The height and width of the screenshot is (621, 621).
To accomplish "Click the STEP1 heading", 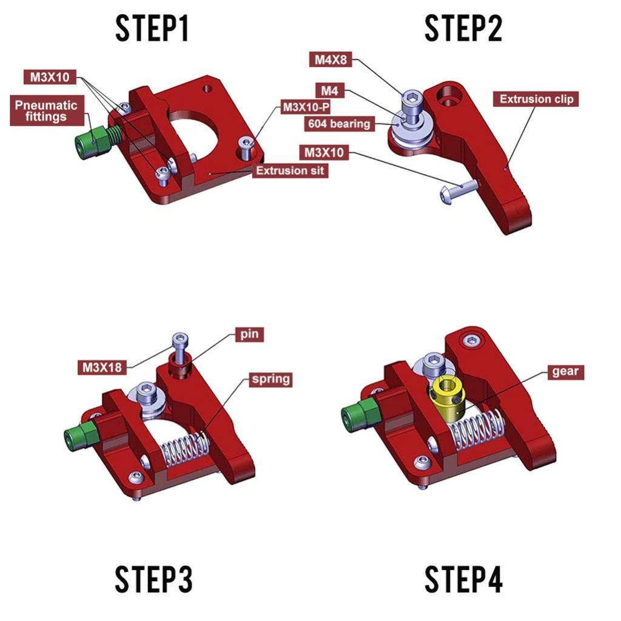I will click(152, 29).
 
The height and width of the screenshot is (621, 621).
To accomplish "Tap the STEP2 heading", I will click(463, 29).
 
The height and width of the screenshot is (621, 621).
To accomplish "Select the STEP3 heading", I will click(153, 579).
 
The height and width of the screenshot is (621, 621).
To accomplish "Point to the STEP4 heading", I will click(463, 579).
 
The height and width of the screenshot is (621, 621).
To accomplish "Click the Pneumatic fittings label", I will click(46, 111).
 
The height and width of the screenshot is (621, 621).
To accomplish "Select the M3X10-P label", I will click(306, 107).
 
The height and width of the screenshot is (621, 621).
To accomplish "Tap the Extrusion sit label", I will click(290, 171).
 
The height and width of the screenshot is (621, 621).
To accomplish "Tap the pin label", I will click(249, 335).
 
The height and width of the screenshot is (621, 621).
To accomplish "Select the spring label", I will click(270, 380).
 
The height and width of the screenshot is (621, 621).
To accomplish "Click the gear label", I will click(565, 371).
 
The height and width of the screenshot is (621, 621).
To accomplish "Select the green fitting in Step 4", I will click(357, 417).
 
